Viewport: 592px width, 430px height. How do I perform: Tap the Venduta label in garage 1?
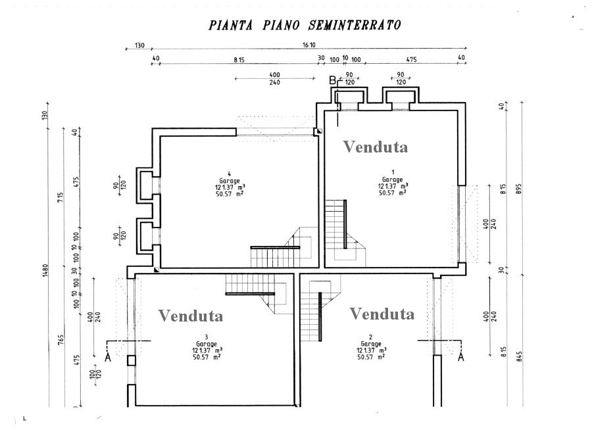click(x=376, y=147)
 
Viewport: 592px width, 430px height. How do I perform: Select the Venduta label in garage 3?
click(x=191, y=316)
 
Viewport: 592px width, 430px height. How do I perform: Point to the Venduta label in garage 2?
click(x=382, y=314)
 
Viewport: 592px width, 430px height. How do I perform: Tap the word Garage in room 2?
click(x=370, y=344)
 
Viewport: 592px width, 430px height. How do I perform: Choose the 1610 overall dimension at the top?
click(x=309, y=45)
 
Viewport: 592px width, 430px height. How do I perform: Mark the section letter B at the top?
click(x=333, y=80)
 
